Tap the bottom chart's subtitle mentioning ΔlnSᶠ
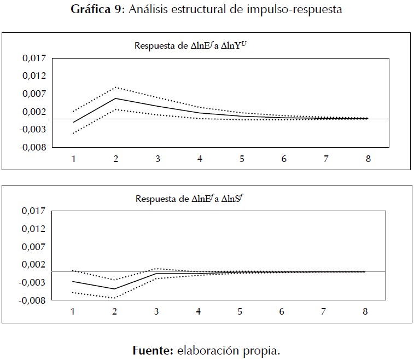click(191, 199)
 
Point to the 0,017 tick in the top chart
click(34, 57)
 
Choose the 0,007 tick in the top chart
click(34, 94)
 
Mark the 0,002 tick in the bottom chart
click(34, 264)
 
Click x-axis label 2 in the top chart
click(116, 159)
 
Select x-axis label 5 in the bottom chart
click(240, 311)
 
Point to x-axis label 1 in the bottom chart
click(73, 311)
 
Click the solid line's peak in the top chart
click(116, 98)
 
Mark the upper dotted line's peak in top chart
click(116, 87)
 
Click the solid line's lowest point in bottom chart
click(115, 289)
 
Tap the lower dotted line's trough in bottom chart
click(115, 298)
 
